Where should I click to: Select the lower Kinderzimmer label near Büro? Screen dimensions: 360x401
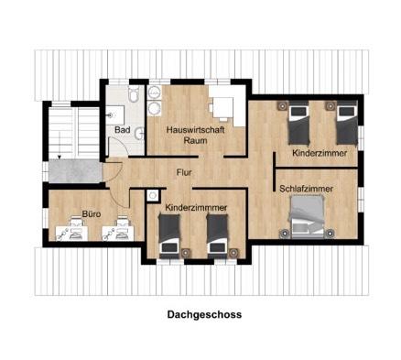point(197,209)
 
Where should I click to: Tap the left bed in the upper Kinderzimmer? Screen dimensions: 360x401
point(299,125)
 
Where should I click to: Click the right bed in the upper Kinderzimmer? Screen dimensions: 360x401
point(344,125)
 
